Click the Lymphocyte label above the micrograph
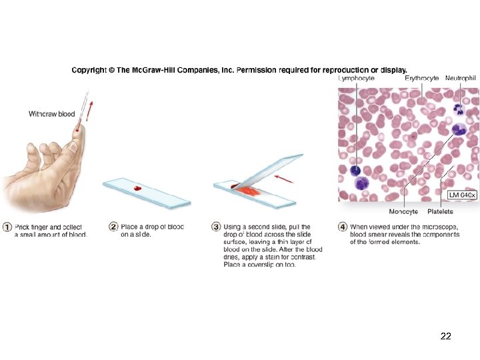[x=356, y=78]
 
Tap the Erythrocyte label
[x=421, y=78]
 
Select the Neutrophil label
[x=461, y=78]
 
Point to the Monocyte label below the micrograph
[x=403, y=211]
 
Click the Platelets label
[x=440, y=211]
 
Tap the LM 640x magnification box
[x=462, y=195]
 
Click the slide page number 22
[x=446, y=337]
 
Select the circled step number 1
[x=7, y=227]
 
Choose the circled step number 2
[x=113, y=227]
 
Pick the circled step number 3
[x=216, y=227]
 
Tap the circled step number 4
[x=343, y=227]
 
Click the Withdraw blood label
[x=51, y=114]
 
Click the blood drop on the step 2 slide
[x=138, y=189]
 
